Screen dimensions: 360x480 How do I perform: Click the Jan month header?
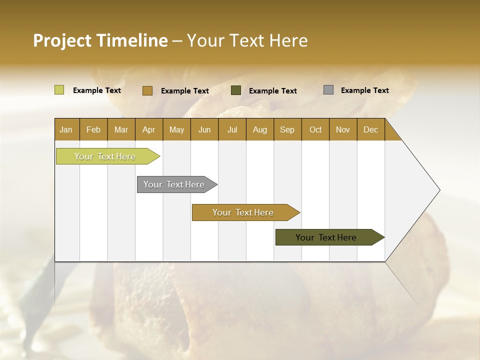[x=66, y=130]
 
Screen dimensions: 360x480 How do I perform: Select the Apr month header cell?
[x=149, y=130]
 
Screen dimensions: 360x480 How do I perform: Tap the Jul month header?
[x=232, y=130]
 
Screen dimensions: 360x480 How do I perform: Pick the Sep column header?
[x=287, y=130]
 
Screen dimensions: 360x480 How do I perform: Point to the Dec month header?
[x=370, y=130]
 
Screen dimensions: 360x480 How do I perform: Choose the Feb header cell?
[x=93, y=130]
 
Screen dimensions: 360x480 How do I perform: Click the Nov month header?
[x=343, y=130]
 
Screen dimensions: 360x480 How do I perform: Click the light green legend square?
[x=59, y=90]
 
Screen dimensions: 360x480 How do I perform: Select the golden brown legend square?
[x=147, y=90]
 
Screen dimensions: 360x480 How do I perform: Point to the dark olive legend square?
[x=236, y=90]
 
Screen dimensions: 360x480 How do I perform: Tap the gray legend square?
[x=328, y=90]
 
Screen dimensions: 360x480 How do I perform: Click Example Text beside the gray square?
[x=364, y=90]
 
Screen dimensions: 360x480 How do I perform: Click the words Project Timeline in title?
[x=100, y=40]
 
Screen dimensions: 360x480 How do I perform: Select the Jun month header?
[x=204, y=130]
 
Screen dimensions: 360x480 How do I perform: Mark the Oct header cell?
[x=315, y=130]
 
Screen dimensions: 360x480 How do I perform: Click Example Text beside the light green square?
[x=97, y=90]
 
